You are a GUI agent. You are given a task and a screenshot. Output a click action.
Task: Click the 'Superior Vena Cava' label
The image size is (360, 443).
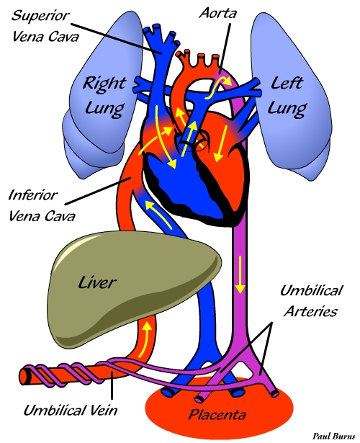tap(45, 26)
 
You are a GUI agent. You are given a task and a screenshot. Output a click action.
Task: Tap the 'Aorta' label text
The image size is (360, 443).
tap(217, 13)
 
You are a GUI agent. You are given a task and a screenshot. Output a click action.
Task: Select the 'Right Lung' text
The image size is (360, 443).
tap(104, 96)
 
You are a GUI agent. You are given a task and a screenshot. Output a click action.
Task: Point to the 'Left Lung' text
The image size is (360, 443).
tap(287, 96)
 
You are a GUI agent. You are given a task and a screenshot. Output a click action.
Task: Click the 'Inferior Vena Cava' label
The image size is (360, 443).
tap(42, 206)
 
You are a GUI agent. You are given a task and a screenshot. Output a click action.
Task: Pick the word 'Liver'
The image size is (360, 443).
tap(97, 282)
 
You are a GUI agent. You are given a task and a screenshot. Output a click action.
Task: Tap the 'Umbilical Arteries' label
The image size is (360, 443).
tap(311, 301)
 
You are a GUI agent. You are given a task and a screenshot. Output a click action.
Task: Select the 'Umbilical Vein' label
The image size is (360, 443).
tap(70, 411)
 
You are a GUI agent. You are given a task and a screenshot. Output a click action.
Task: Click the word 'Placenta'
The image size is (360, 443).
tap(217, 415)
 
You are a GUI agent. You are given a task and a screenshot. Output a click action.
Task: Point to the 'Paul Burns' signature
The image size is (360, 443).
tap(334, 436)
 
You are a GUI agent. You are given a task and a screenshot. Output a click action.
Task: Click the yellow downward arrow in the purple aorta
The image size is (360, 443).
tap(240, 274)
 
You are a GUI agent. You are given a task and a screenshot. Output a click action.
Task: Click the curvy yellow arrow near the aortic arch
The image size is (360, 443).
tap(217, 88)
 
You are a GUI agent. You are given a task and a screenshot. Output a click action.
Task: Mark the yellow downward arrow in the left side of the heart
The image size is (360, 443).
tap(221, 144)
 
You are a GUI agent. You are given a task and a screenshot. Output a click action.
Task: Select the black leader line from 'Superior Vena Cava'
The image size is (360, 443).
tap(116, 37)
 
